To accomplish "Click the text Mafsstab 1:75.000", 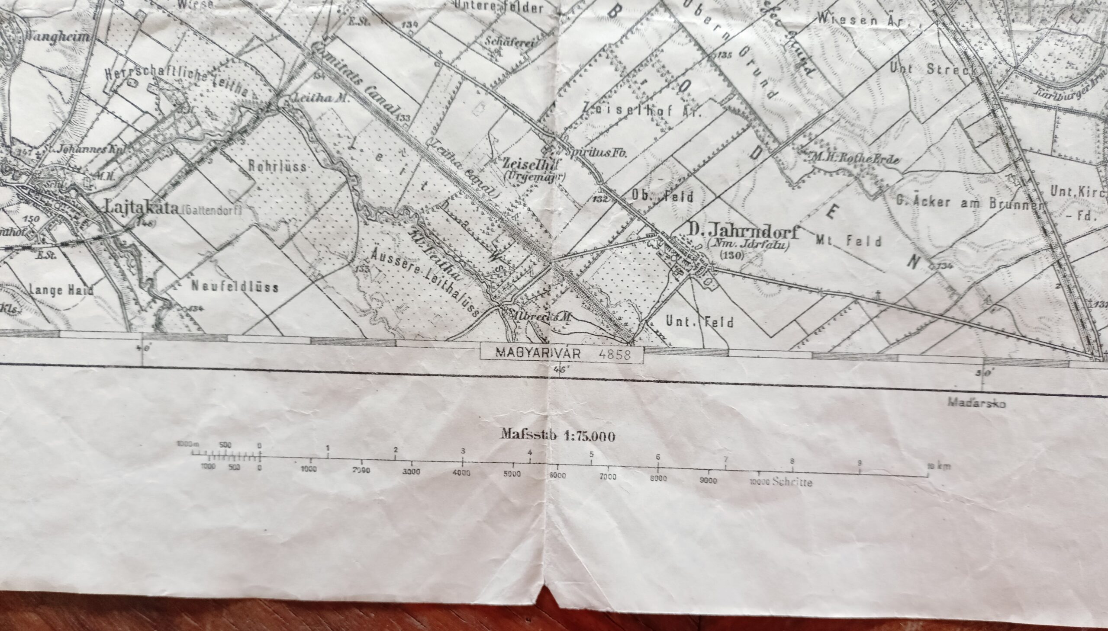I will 558,436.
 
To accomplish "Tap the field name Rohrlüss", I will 277,167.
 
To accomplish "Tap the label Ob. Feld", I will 662,196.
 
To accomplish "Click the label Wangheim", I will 58,37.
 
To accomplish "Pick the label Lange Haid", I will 61,290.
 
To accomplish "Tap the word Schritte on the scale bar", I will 792,482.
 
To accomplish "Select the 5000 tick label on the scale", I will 512,474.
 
